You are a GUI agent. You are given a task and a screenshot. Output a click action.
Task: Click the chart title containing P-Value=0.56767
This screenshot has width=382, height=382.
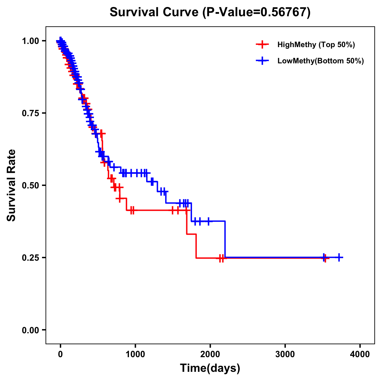coord(210,12)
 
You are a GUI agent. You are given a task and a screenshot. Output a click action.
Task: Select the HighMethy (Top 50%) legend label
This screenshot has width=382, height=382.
coord(316,45)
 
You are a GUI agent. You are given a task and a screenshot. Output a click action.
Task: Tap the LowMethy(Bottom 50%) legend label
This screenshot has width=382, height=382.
coord(320,61)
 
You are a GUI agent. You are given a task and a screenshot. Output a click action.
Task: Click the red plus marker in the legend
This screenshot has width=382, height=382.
coord(262,45)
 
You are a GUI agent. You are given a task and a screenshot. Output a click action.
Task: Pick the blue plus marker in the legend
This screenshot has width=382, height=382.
coord(262,61)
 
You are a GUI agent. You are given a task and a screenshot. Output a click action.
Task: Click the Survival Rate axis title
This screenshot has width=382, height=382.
coord(11,185)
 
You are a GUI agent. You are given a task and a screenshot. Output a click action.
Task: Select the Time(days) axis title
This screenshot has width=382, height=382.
coord(210,368)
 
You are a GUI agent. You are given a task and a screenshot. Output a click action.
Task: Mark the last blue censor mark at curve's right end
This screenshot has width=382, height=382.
coord(339,257)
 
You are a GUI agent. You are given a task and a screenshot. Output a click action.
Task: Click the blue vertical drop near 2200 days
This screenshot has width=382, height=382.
coord(225,239)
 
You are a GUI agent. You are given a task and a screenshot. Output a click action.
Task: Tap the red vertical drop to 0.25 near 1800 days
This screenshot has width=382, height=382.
coord(196,246)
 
